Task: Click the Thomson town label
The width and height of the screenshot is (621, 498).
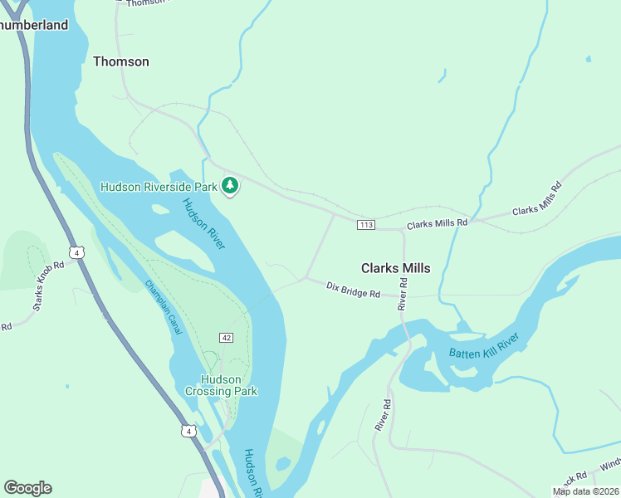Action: pyautogui.click(x=121, y=61)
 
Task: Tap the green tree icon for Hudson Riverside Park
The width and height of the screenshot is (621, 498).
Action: pyautogui.click(x=230, y=186)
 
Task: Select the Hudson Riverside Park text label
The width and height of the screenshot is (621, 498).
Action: pyautogui.click(x=159, y=187)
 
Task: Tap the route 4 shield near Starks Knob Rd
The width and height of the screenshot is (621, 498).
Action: pyautogui.click(x=76, y=252)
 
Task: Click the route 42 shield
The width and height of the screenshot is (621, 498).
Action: pyautogui.click(x=226, y=338)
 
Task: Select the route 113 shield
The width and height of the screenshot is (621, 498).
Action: pyautogui.click(x=366, y=225)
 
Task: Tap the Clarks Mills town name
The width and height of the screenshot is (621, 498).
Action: pyautogui.click(x=396, y=268)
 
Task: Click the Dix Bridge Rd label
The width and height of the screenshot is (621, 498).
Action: pyautogui.click(x=353, y=290)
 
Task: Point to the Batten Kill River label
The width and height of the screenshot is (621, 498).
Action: pyautogui.click(x=484, y=346)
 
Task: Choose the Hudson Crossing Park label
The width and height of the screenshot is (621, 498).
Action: pyautogui.click(x=221, y=385)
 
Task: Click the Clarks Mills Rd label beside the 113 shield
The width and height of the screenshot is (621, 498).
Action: pyautogui.click(x=438, y=223)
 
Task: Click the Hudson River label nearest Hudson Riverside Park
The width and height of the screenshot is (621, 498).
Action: pyautogui.click(x=204, y=223)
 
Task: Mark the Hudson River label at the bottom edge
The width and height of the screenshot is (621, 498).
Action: pyautogui.click(x=254, y=472)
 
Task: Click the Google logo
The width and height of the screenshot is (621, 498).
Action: pyautogui.click(x=27, y=488)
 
